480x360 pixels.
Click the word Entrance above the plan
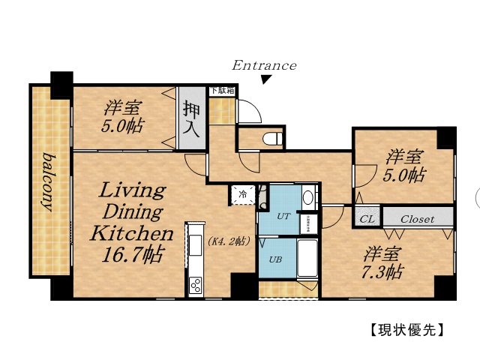[x=264, y=65]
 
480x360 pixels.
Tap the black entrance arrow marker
[x=265, y=79]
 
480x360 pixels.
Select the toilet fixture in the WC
[x=273, y=139]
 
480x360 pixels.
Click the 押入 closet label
[x=190, y=120]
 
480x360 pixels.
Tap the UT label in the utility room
[x=283, y=216]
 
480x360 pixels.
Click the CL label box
[x=367, y=220]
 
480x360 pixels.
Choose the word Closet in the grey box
[x=417, y=220]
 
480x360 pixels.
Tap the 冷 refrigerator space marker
[x=243, y=194]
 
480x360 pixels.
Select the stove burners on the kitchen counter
[x=196, y=285]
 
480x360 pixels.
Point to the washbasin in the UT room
[x=308, y=199]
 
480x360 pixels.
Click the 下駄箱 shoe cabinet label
[x=221, y=91]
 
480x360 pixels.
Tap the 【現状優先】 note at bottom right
[x=408, y=329]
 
